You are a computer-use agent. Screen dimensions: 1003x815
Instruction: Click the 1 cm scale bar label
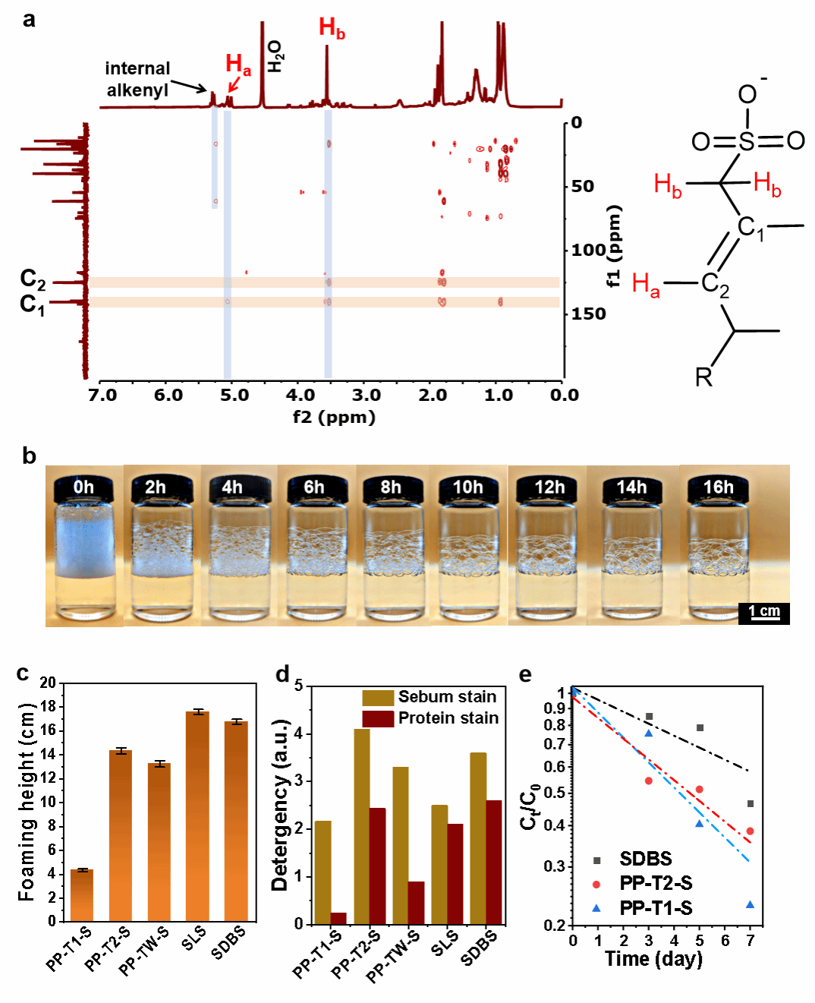tap(763, 612)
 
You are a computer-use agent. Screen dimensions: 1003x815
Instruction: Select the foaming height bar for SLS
tap(197, 816)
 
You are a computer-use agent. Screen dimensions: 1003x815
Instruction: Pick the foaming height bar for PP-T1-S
tap(82, 895)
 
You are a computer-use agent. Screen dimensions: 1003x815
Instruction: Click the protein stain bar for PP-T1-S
tap(338, 918)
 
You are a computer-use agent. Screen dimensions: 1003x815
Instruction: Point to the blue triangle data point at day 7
tap(750, 904)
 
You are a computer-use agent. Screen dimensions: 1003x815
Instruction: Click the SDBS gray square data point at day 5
tap(700, 727)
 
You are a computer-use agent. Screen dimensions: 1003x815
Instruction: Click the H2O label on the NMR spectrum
tap(275, 57)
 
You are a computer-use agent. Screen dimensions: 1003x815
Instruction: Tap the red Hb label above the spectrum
tap(332, 30)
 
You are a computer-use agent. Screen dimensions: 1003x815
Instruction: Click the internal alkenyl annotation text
tap(137, 80)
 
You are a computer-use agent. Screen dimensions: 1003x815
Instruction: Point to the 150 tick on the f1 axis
tap(589, 314)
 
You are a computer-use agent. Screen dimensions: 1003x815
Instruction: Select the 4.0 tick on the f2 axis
tap(300, 396)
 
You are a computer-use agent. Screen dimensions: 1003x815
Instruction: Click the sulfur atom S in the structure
tap(747, 140)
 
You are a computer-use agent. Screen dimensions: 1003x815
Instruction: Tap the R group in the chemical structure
tap(703, 377)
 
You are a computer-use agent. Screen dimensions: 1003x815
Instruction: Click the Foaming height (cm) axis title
tap(27, 802)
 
